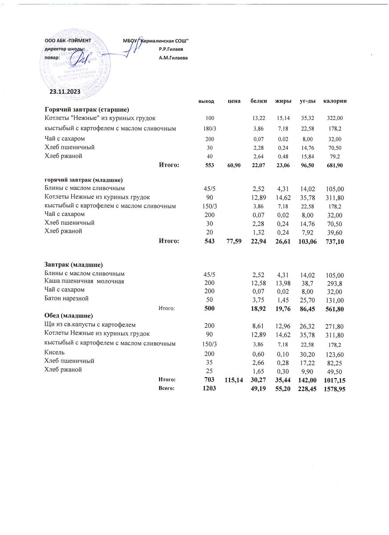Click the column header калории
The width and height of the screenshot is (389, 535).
335,101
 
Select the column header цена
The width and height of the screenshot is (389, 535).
234,101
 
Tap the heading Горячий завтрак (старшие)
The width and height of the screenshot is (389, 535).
86,110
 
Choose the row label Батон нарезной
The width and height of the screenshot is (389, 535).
66,298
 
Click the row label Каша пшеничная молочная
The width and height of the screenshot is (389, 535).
84,281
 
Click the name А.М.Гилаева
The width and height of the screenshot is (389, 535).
173,58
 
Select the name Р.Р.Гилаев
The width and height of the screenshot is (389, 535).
171,49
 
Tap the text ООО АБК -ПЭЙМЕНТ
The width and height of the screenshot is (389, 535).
68,41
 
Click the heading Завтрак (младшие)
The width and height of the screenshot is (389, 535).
74,264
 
